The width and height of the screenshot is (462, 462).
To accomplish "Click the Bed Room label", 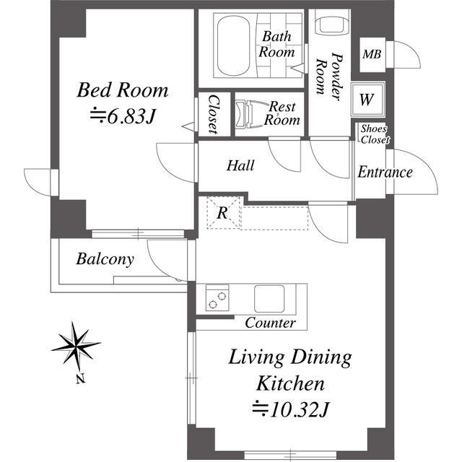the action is [x=123, y=90].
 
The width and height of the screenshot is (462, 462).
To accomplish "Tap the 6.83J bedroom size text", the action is [x=123, y=116].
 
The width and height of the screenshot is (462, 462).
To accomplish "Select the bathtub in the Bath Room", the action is [x=233, y=45].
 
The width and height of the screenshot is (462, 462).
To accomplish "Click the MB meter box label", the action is [x=372, y=54].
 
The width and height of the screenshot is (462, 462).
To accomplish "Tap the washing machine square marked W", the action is [x=367, y=100].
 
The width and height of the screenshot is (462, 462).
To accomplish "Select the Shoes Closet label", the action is [x=375, y=134].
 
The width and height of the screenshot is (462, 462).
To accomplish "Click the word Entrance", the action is [x=385, y=172].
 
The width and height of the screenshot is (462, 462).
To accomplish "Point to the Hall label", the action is [x=240, y=165].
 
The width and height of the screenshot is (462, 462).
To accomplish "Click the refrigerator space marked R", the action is [x=223, y=212].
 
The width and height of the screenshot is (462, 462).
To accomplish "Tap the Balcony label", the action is [x=105, y=259].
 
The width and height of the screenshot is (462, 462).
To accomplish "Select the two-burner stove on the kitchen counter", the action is [x=217, y=297].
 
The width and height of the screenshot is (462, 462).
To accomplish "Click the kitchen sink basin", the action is [x=269, y=298].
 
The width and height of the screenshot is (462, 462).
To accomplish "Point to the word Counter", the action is [x=270, y=323].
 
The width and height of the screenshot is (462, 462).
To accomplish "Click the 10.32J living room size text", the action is [x=290, y=409].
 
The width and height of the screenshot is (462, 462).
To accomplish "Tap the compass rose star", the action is [x=76, y=346].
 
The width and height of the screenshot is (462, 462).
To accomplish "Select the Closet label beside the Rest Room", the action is [x=214, y=114].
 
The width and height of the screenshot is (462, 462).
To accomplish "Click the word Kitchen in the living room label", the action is [x=290, y=383].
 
